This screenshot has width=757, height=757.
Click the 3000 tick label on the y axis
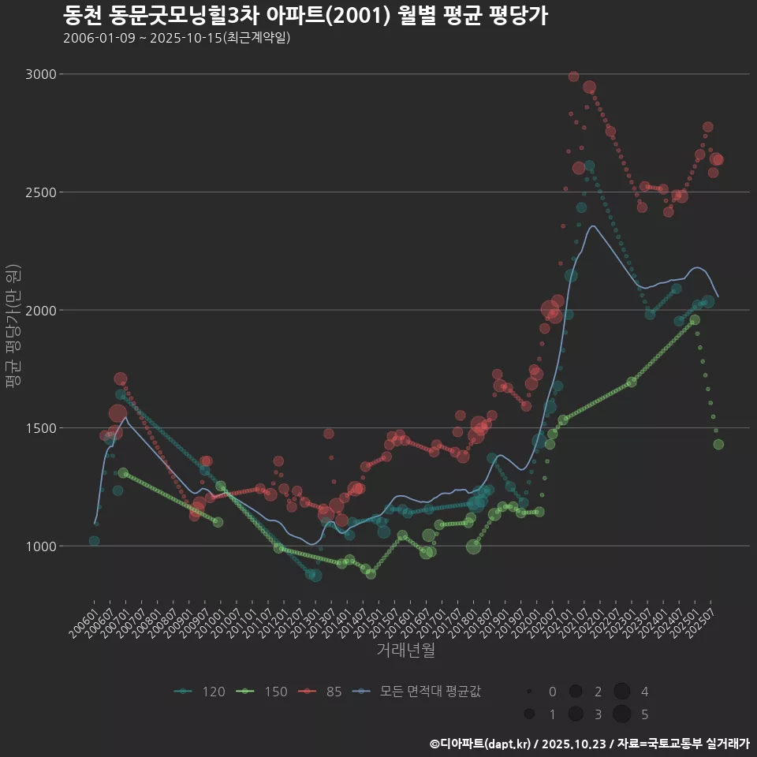[x=41, y=74]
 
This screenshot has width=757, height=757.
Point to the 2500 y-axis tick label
[x=41, y=192]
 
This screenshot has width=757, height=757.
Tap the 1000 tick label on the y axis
[x=41, y=546]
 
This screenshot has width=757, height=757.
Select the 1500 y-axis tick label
[x=41, y=428]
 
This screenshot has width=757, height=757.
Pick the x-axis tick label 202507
[x=702, y=621]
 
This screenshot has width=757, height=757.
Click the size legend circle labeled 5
[x=621, y=714]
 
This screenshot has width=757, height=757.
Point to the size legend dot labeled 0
[x=530, y=692]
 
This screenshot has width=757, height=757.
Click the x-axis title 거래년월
[x=405, y=651]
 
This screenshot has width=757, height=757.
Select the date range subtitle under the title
[x=177, y=38]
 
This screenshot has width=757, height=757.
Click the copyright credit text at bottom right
[x=589, y=744]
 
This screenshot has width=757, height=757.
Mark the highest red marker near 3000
[x=573, y=76]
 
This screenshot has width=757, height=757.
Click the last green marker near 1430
[x=718, y=445]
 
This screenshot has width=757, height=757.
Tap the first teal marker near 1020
[x=94, y=541]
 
